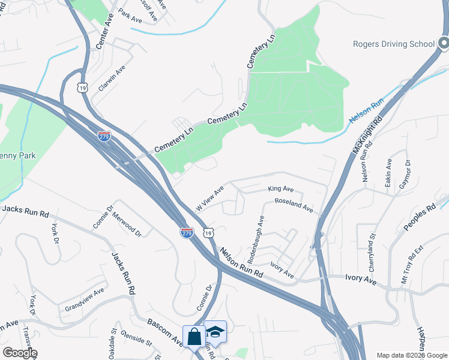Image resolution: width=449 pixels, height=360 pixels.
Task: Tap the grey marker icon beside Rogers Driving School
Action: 443,43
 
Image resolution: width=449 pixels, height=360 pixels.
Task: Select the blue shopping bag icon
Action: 194,337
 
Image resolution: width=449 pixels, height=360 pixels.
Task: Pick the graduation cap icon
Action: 215,331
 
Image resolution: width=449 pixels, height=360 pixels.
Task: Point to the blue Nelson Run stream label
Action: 366,111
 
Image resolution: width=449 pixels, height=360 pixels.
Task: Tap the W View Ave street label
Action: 209,198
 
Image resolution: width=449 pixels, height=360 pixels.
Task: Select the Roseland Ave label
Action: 294,206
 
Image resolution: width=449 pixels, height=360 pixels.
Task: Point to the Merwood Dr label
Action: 127,226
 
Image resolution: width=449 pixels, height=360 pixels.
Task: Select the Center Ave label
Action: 104,32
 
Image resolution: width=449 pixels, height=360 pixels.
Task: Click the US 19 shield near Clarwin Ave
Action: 82,88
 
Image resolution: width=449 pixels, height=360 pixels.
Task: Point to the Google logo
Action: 20,353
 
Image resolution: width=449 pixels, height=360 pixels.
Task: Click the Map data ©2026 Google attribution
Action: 411,355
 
